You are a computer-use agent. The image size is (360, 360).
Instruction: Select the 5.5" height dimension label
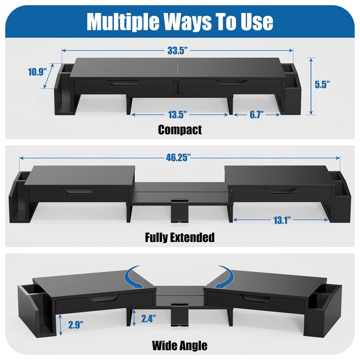coord(322,84)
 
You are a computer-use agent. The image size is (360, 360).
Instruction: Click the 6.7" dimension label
coord(257,115)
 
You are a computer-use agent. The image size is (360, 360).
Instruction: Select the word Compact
coord(180,130)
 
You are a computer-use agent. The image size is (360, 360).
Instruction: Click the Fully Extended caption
coord(180,237)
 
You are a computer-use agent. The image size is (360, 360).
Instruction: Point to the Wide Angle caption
coord(180,346)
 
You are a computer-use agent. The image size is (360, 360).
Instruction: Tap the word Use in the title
coord(256,21)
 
